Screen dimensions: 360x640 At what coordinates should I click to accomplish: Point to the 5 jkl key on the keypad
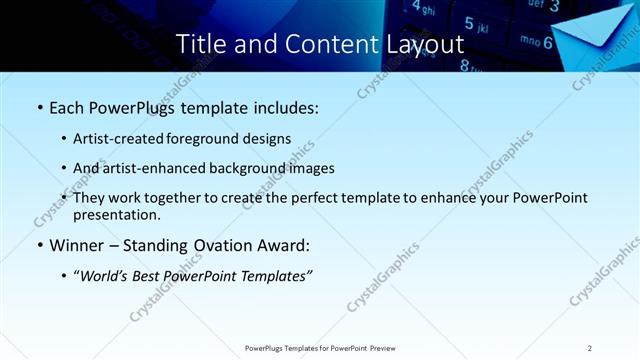479,23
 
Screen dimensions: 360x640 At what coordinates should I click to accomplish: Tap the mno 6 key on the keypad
536,42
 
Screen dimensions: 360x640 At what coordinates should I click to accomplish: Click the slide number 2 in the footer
590,348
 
